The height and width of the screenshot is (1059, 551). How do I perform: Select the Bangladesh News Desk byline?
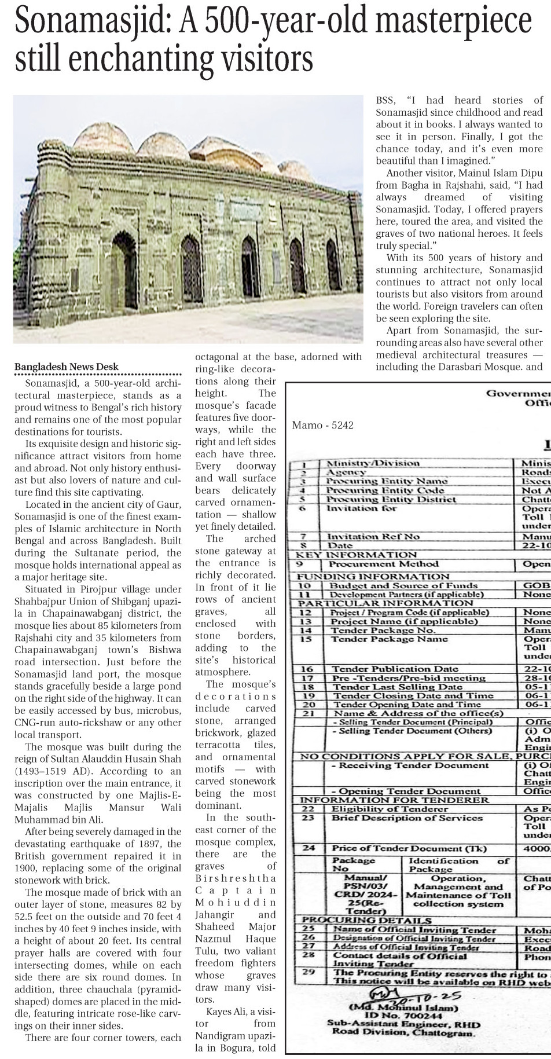pyautogui.click(x=67, y=367)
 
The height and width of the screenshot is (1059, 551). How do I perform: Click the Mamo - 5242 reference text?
pyautogui.click(x=323, y=425)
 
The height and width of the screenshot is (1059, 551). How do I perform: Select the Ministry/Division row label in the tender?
pyautogui.click(x=373, y=463)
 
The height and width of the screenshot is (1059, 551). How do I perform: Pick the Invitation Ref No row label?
pyautogui.click(x=373, y=536)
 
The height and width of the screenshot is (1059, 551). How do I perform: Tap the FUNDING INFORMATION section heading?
pyautogui.click(x=373, y=576)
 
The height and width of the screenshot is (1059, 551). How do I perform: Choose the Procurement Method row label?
pyautogui.click(x=383, y=564)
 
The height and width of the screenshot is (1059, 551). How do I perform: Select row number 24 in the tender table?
pyautogui.click(x=309, y=848)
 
